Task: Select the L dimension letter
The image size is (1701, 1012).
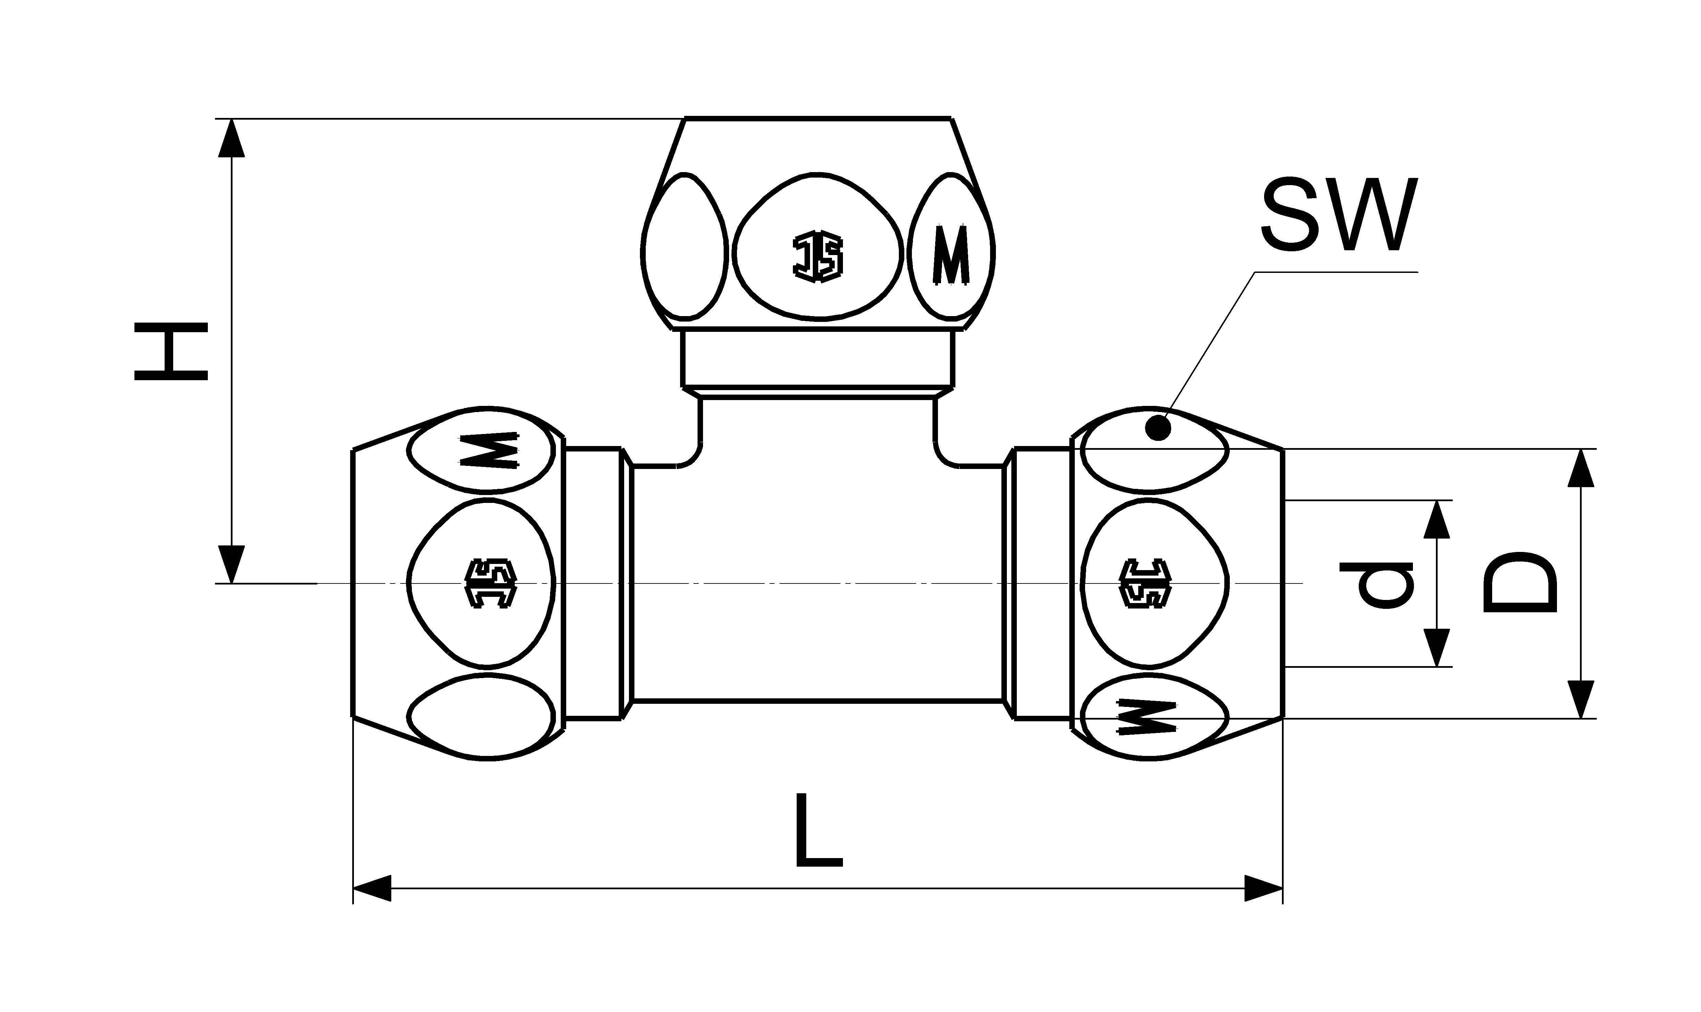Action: pyautogui.click(x=818, y=830)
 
